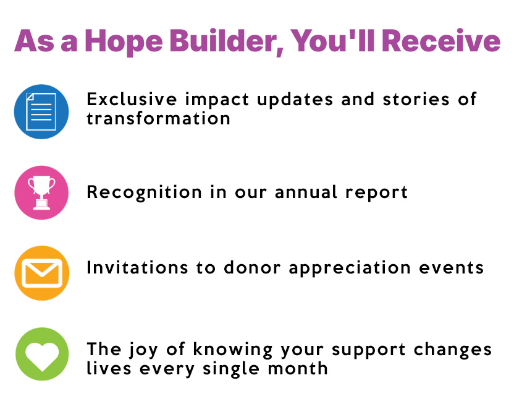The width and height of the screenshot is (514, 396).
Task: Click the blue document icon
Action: coord(41,111)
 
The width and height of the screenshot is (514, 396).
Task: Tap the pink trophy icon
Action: coord(41,192)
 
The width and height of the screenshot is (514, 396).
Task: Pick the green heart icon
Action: coord(41,353)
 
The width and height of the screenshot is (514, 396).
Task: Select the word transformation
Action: coord(159,118)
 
